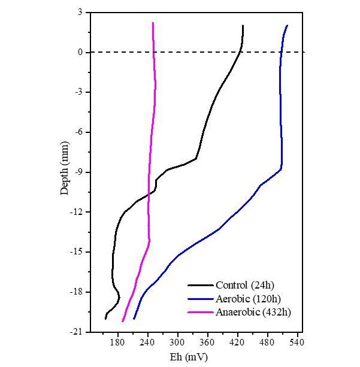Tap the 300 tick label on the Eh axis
click(178, 342)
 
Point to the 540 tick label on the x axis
click(297, 342)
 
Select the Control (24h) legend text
click(245, 285)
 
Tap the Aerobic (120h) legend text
click(248, 298)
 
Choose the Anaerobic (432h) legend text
click(253, 312)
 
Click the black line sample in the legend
click(201, 285)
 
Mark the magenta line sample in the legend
click(201, 312)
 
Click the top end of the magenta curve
click(153, 23)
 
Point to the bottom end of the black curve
click(105, 319)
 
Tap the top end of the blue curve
click(288, 26)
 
